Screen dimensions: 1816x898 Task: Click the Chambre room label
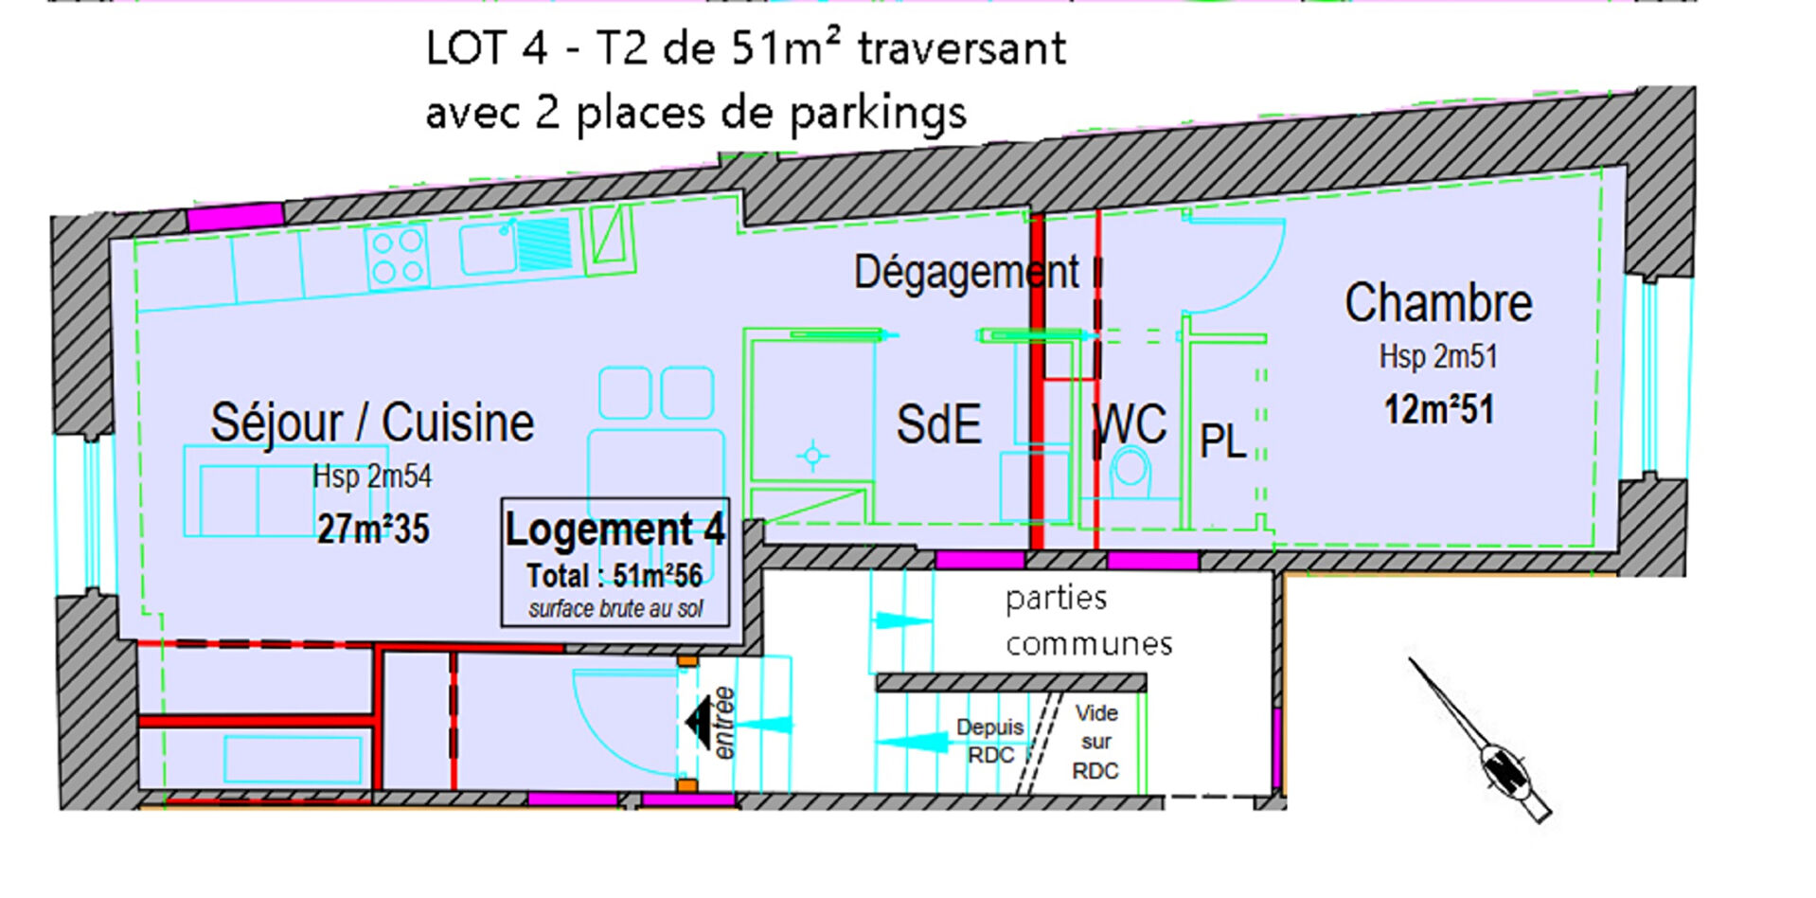point(1438,303)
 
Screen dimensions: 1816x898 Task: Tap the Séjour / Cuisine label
point(372,422)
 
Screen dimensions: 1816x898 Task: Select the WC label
point(1130,424)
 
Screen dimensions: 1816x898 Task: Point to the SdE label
point(938,424)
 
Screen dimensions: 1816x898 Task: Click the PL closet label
point(1222,441)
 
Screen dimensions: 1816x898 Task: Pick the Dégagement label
point(966,273)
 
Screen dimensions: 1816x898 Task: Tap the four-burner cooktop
point(398,257)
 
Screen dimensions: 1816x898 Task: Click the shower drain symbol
point(812,457)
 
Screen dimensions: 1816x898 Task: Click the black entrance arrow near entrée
point(699,723)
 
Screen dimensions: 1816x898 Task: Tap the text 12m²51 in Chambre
point(1439,410)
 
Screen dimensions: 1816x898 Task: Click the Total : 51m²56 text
point(614,576)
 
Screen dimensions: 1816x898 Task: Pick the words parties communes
point(1089,621)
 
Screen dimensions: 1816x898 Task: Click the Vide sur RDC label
point(1095,742)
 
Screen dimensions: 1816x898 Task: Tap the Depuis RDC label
point(990,741)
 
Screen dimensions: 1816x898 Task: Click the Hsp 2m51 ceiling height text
point(1438,357)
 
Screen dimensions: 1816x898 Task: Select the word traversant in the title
point(962,48)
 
